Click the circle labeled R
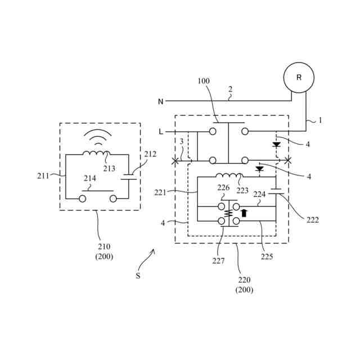tap(299, 78)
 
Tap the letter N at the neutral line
tap(160, 102)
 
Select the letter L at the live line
tap(161, 132)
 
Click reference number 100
tap(203, 81)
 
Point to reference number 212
tap(150, 154)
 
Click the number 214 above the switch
tap(89, 178)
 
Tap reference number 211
tap(43, 175)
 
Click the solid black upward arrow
tap(244, 213)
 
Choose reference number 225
tap(267, 256)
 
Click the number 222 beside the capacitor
tap(313, 220)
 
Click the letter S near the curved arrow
tap(138, 276)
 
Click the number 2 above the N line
tap(229, 89)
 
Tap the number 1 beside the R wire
tap(320, 120)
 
